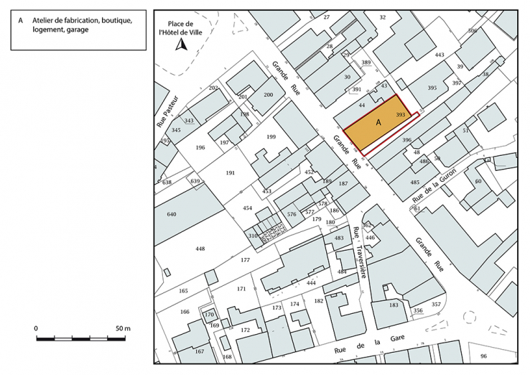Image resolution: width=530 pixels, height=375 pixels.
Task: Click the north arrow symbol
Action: pos(182,45)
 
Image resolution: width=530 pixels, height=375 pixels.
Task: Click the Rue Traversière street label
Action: pos(361,253)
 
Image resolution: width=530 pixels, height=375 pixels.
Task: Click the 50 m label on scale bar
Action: pos(122,328)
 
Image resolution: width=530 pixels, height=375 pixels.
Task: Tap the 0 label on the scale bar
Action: pos(36,328)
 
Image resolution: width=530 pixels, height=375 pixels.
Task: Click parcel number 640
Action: pos(171,214)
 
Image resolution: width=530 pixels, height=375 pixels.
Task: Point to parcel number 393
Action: pos(401,115)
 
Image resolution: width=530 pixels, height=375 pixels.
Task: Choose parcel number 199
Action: pos(271,136)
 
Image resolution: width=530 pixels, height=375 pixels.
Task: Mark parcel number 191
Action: pos(230,173)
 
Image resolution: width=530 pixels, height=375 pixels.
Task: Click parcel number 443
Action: pos(440,55)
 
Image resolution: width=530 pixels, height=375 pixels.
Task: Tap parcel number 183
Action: pos(393,305)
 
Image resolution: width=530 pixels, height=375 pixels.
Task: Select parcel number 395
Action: pos(432,88)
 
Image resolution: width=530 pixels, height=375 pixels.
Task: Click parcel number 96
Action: pos(483,356)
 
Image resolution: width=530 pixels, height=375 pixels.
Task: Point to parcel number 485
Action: pos(414,182)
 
